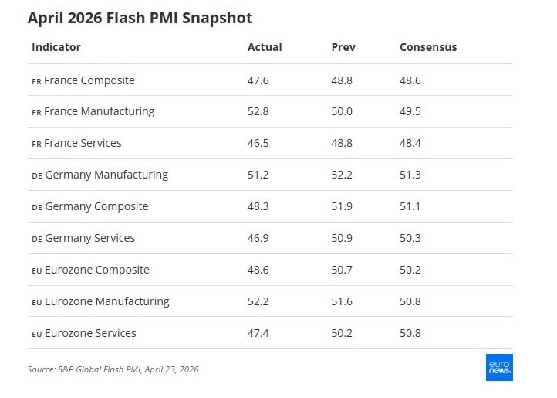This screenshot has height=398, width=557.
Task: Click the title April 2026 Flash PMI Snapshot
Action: coord(140,17)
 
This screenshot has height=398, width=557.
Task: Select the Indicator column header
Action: coord(56,47)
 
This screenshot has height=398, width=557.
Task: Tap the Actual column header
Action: coord(265,47)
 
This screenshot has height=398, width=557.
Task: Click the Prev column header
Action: coord(343,47)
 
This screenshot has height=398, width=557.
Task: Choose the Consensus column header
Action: coord(428,47)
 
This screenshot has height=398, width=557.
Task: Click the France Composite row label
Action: coord(89,80)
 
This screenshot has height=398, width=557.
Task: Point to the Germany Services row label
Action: coord(89,238)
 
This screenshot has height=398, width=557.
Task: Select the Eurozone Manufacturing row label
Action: coord(106,301)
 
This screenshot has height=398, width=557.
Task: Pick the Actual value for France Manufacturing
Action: coord(258,111)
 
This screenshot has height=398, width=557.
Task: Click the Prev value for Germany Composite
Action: coord(342,206)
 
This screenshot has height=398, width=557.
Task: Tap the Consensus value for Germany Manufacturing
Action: coord(410,175)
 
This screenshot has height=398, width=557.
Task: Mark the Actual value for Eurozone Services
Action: coord(258,333)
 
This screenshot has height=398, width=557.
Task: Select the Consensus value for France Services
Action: coord(410,143)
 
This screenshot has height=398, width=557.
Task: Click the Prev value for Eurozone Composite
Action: coord(342,270)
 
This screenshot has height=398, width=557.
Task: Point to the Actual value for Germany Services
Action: coord(258,238)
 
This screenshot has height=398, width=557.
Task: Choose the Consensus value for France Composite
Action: coord(410,80)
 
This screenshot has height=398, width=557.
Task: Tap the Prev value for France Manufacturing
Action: coord(342,111)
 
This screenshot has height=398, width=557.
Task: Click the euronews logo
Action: coord(499,368)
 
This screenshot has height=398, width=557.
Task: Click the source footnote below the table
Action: coord(114,369)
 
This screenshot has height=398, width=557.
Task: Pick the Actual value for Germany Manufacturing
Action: coord(258,175)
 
